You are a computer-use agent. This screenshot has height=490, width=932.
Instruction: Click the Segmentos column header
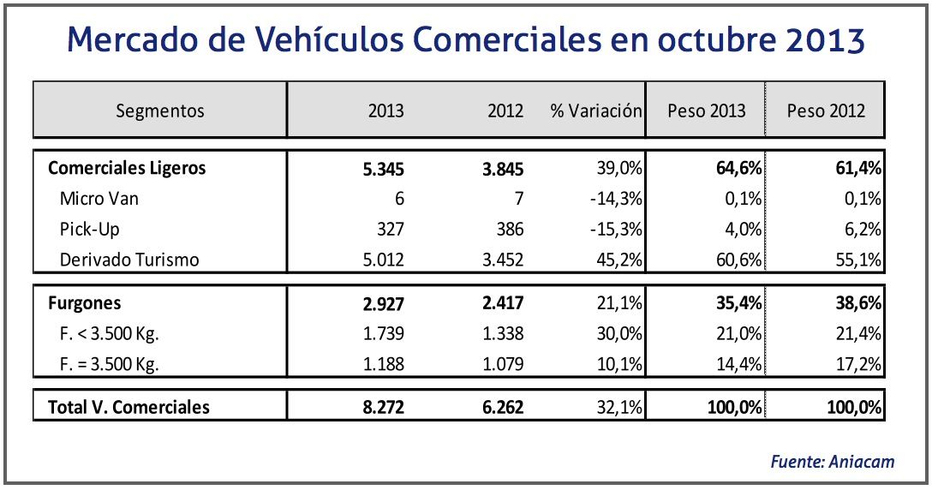pos(160,111)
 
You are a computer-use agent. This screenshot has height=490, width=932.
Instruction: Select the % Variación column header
pos(596,111)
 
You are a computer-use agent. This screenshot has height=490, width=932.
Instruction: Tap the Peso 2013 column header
pos(707,111)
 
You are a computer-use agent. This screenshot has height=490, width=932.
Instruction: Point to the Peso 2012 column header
pos(826,111)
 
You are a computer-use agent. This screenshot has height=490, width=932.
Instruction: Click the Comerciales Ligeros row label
pos(127,168)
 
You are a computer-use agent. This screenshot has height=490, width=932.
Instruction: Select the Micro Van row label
pos(99,199)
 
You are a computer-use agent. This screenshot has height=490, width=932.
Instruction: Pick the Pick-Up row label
pos(89,230)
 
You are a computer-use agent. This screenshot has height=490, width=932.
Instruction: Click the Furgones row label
pos(84,302)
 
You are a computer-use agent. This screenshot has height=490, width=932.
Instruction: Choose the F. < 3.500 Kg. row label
pos(110,333)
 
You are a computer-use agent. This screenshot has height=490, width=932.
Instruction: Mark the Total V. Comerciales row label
pos(128,407)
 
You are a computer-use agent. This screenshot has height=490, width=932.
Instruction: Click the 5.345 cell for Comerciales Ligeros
pos(383,169)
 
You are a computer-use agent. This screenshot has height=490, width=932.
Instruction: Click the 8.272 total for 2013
pos(383,407)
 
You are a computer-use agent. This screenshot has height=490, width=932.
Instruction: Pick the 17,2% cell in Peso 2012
pos(861,364)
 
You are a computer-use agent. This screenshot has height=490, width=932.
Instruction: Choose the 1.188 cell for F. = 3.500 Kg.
pos(383,364)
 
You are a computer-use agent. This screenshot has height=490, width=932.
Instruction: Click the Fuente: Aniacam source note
pos(832,462)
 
